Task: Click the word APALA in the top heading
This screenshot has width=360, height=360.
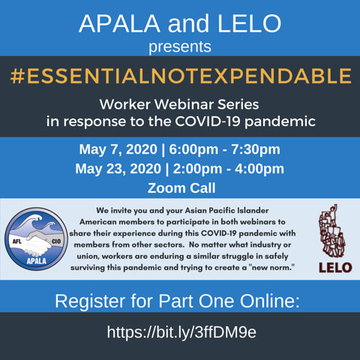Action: [x=119, y=23]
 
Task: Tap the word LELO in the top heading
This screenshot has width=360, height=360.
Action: [x=249, y=23]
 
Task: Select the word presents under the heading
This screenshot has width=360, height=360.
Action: [x=180, y=46]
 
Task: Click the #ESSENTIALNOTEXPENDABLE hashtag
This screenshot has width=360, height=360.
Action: [x=181, y=76]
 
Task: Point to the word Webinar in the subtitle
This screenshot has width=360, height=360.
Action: [x=184, y=104]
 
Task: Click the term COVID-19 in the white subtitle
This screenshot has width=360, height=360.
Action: [x=207, y=121]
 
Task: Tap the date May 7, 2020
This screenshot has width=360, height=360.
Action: [x=118, y=149]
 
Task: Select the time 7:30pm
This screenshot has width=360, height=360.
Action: [x=256, y=149]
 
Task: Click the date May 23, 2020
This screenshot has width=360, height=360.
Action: [x=118, y=169]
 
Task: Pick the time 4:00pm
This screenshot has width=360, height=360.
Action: [x=259, y=169]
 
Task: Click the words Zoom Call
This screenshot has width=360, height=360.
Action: [x=181, y=188]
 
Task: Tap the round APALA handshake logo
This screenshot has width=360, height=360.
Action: [x=36, y=238]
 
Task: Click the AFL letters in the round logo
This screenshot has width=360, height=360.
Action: [x=17, y=241]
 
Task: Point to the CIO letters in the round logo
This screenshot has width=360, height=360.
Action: [x=56, y=241]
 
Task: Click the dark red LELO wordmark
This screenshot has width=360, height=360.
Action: [x=335, y=268]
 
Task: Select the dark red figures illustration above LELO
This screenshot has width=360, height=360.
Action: [x=331, y=231]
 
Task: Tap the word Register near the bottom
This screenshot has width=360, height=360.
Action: [x=90, y=301]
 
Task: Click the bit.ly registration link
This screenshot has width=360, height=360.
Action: [x=181, y=332]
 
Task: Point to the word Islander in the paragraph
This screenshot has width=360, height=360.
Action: [x=253, y=211]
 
